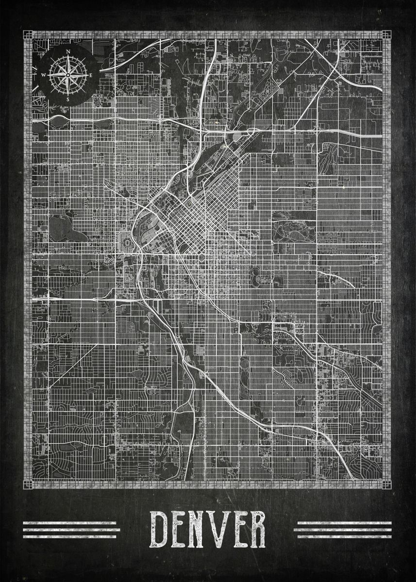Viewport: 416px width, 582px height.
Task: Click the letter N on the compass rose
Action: click(x=68, y=52)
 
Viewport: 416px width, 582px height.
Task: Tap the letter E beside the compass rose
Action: click(x=91, y=75)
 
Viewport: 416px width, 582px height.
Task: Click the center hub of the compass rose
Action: click(x=68, y=75)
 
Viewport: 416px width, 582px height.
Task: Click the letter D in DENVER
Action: click(x=160, y=529)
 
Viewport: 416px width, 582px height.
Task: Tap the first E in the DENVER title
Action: click(x=181, y=529)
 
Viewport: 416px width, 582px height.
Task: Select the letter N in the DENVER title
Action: click(x=201, y=529)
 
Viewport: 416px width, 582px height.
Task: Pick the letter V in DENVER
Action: click(x=222, y=529)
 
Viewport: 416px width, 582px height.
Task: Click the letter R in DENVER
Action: click(x=259, y=529)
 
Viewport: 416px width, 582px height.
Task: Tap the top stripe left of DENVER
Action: click(x=70, y=523)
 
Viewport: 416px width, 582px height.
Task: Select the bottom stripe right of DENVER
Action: click(x=343, y=536)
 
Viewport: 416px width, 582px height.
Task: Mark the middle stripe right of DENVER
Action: click(x=343, y=530)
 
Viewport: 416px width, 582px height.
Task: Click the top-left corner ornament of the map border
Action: click(x=28, y=34)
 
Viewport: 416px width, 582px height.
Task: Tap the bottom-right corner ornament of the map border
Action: click(x=386, y=485)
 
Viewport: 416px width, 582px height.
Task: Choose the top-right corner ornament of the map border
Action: click(x=386, y=34)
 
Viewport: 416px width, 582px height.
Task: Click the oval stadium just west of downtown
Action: click(x=124, y=242)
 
